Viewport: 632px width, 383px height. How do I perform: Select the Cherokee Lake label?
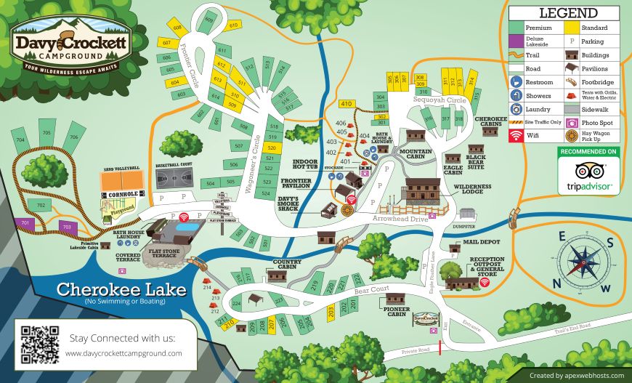[121, 289]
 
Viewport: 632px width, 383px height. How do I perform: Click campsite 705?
[47, 135]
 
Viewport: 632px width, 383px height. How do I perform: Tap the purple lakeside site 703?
[67, 227]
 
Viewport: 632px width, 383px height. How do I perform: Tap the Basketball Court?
[174, 178]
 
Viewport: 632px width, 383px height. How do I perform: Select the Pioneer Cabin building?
[395, 299]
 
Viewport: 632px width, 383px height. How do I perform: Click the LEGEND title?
[568, 13]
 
